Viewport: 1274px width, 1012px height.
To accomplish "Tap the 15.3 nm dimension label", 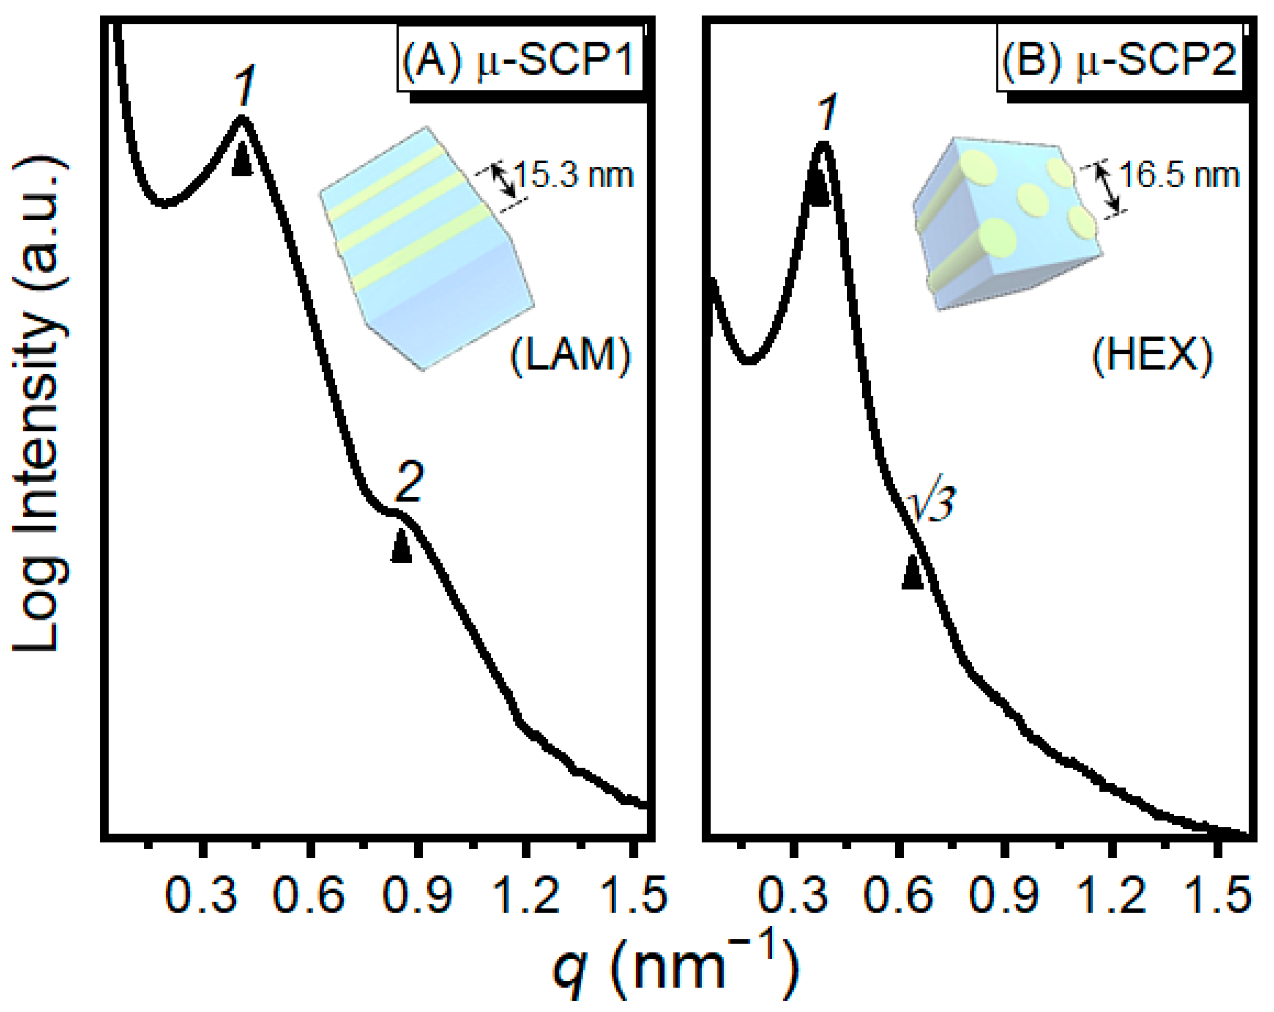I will pyautogui.click(x=574, y=175).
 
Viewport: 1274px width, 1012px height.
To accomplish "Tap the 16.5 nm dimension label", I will pyautogui.click(x=1179, y=175).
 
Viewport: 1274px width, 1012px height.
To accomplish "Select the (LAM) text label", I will pyautogui.click(x=570, y=356).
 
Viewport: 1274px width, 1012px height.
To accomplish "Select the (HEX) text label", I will pyautogui.click(x=1152, y=356).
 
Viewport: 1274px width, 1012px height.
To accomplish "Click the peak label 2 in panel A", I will pyautogui.click(x=408, y=482).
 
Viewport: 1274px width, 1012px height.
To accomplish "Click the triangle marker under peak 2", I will pyautogui.click(x=401, y=547).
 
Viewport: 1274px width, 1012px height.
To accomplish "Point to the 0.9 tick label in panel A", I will pyautogui.click(x=419, y=894).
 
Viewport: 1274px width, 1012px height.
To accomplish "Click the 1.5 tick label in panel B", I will pyautogui.click(x=1218, y=894).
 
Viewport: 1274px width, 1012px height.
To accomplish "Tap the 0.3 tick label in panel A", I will pyautogui.click(x=202, y=894).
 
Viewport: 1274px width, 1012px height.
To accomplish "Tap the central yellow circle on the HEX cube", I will pyautogui.click(x=1033, y=199).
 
